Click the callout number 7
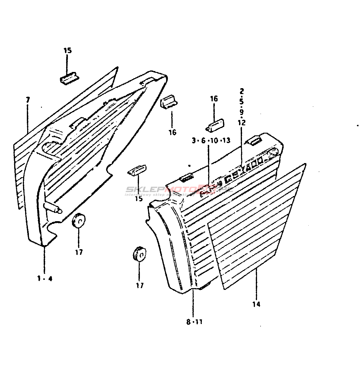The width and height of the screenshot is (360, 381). [x=28, y=100]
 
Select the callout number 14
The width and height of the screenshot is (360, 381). [x=256, y=304]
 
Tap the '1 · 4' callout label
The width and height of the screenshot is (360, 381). [x=45, y=278]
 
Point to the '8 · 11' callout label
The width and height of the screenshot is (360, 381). [x=194, y=322]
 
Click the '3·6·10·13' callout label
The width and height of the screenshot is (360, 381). [x=211, y=140]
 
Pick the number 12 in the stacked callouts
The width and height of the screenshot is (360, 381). [x=242, y=122]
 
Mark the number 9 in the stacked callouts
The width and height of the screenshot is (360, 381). [x=242, y=112]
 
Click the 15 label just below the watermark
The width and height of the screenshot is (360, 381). [x=138, y=198]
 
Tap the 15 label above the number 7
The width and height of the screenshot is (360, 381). [x=68, y=50]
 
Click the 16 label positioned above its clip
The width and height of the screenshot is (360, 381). [x=214, y=99]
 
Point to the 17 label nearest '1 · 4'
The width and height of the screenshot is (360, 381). [x=79, y=252]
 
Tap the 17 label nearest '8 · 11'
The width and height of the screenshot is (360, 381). [x=140, y=285]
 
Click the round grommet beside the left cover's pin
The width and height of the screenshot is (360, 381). [x=79, y=220]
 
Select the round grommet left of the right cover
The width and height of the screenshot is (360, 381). [x=138, y=253]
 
